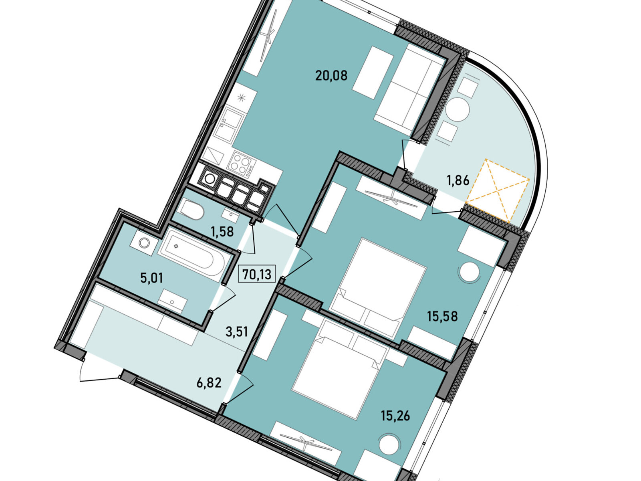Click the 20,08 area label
tap(331, 75)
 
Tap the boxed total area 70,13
tap(257, 274)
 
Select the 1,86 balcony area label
tap(458, 181)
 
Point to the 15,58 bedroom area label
tap(442, 316)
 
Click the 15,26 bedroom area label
tap(395, 415)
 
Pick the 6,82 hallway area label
tap(209, 382)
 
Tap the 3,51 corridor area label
tap(236, 332)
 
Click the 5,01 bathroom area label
tap(151, 278)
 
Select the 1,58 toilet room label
tap(222, 232)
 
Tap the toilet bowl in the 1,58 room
tap(191, 209)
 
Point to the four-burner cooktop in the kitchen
tap(241, 164)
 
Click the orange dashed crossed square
tap(497, 191)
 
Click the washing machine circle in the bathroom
tap(144, 243)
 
